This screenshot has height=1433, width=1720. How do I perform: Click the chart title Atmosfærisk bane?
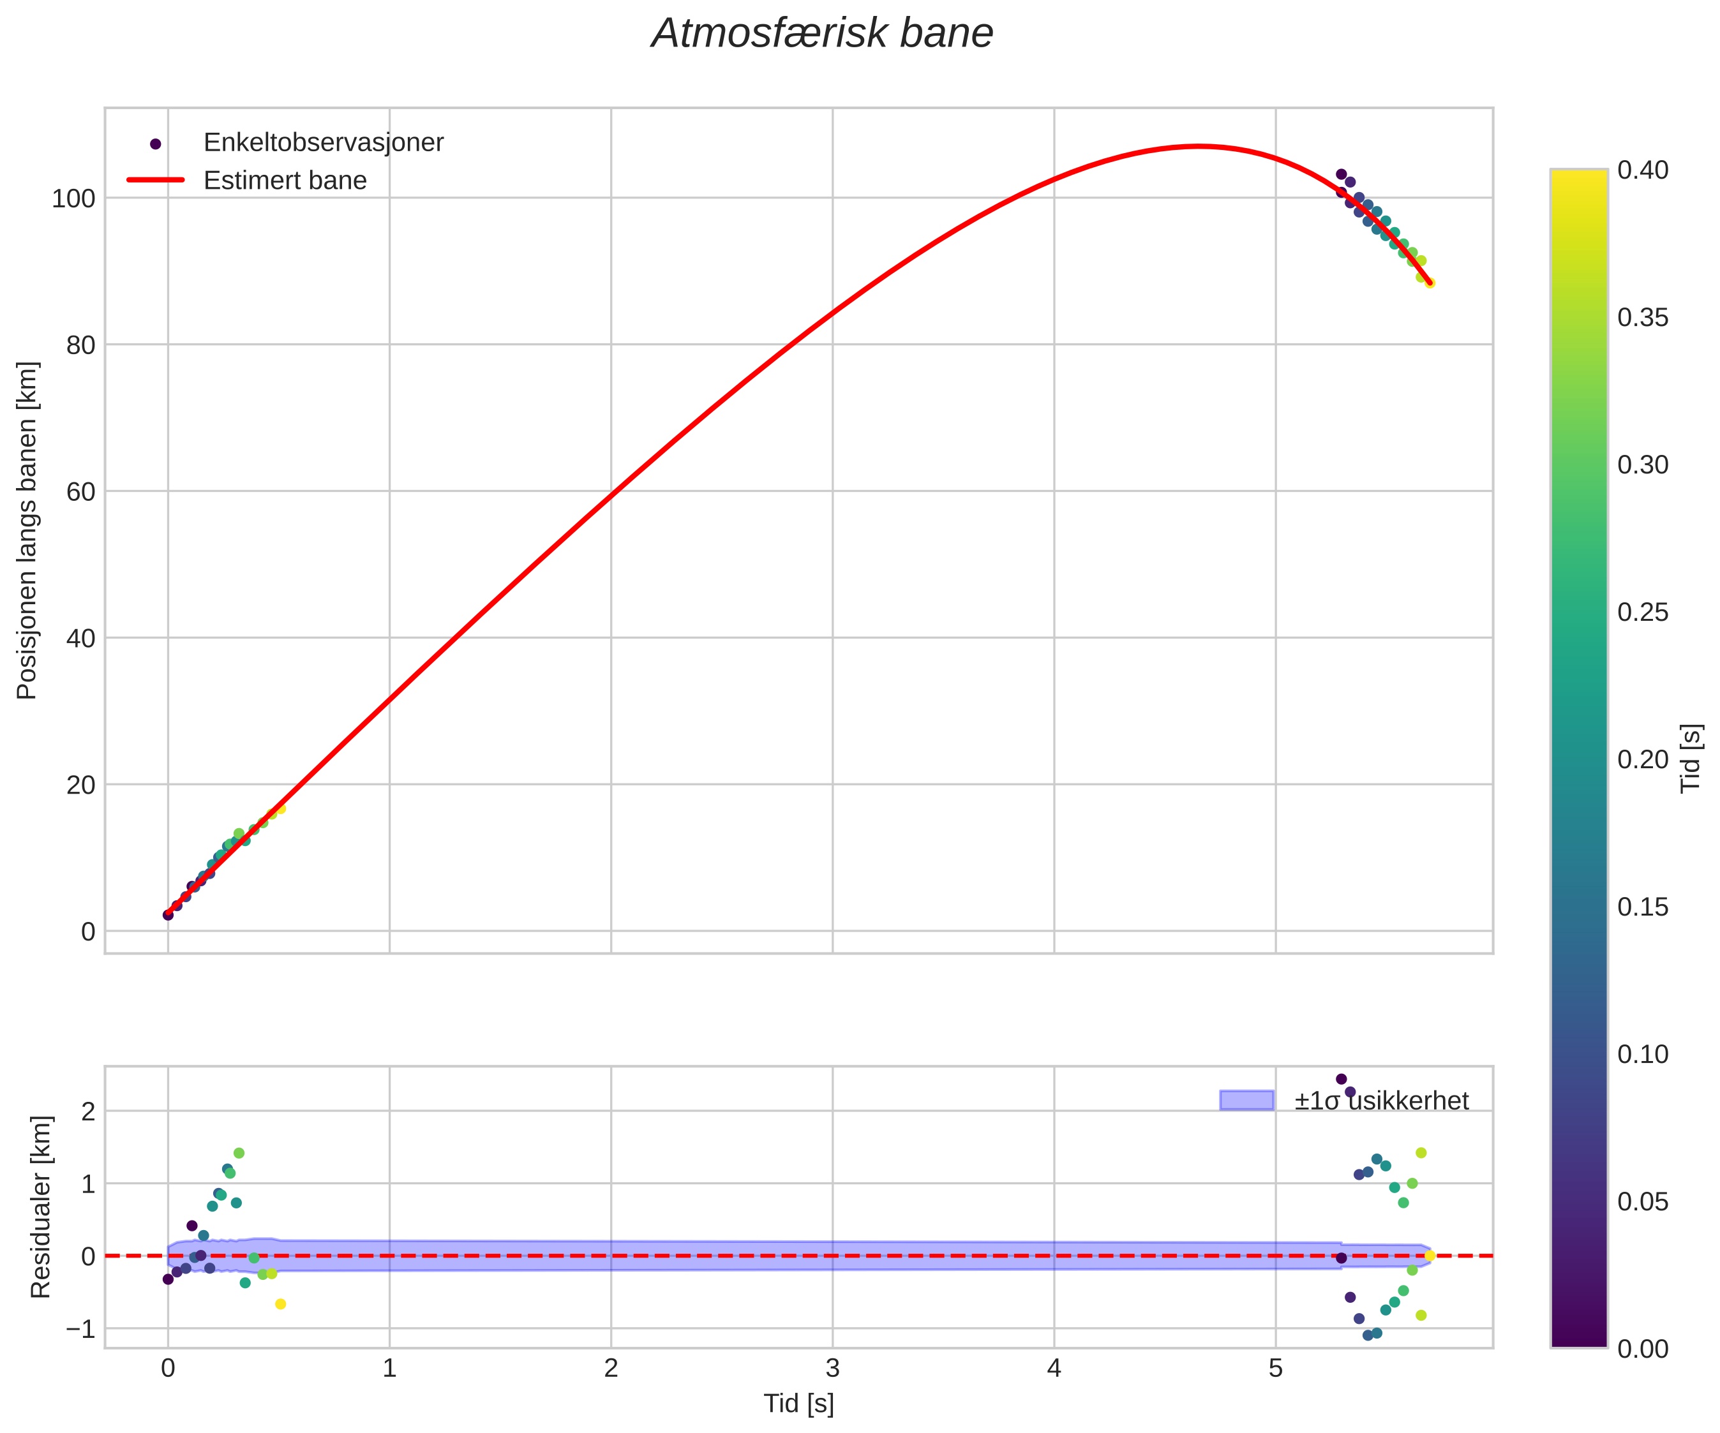(x=822, y=34)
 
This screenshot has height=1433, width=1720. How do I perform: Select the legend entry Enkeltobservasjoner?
(x=323, y=142)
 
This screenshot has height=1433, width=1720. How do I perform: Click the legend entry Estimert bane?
(x=285, y=180)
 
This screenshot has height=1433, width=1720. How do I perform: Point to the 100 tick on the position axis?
(x=74, y=198)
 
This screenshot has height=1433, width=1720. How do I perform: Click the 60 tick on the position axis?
(x=81, y=491)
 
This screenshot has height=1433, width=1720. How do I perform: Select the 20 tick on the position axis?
(x=81, y=785)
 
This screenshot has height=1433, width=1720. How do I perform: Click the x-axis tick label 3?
(x=832, y=1369)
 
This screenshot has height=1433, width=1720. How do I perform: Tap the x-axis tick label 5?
(x=1275, y=1369)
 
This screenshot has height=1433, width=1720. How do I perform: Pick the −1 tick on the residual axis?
(x=81, y=1328)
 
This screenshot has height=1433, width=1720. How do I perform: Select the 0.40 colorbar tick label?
(x=1643, y=170)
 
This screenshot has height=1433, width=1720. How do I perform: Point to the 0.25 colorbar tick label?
(x=1643, y=612)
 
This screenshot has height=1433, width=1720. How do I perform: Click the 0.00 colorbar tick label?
(x=1643, y=1349)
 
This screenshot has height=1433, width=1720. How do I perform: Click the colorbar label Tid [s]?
(x=1691, y=758)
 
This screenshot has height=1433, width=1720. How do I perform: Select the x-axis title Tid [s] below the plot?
(x=798, y=1404)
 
